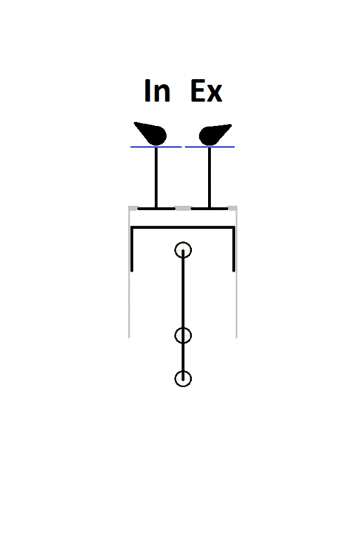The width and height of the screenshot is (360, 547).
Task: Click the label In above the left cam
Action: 157,91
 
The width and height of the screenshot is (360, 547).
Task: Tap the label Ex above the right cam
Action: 207,91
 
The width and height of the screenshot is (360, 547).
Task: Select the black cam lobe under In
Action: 151,133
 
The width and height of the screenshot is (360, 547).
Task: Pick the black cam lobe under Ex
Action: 214,134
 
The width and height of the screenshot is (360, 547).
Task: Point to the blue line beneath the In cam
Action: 156,147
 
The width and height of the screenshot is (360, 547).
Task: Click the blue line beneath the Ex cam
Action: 210,147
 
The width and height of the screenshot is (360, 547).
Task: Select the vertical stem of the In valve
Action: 156,178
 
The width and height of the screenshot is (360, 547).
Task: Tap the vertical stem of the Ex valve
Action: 210,178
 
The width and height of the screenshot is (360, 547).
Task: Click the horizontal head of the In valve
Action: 156,209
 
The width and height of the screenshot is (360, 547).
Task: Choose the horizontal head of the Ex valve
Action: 210,209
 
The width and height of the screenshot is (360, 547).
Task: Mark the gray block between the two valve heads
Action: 183,209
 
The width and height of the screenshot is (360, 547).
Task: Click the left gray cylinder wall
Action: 129,272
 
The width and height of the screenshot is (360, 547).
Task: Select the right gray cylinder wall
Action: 236,272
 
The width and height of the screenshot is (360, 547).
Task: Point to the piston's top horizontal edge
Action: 183,228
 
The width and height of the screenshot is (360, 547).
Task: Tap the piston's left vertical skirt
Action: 132,249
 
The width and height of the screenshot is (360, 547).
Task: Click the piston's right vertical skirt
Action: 233,249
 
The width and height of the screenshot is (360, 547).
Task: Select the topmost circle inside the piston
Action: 183,243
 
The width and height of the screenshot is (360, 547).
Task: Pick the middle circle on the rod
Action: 183,328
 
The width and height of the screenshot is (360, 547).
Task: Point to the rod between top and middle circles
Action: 183,293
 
